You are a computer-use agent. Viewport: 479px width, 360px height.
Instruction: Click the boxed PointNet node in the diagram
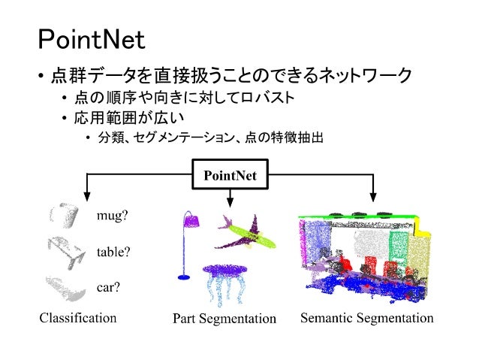[x=230, y=175]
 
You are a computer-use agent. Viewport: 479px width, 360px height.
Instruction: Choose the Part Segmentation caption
[x=224, y=319]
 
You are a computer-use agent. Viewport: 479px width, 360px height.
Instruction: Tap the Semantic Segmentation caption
[x=367, y=318]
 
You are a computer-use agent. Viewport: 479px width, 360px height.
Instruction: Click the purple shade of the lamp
[x=193, y=219]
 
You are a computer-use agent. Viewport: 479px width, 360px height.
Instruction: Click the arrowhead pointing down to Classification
[x=89, y=198]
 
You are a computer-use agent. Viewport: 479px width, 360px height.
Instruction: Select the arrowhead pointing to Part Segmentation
[x=230, y=201]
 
